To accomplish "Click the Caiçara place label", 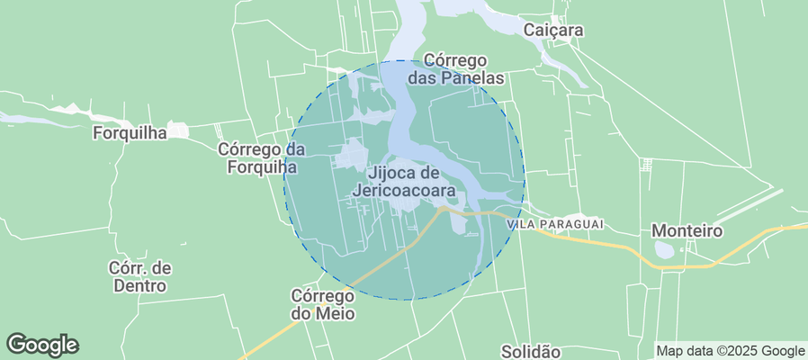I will (x=553, y=30).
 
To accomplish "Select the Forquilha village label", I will (x=130, y=133).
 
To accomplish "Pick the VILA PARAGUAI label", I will (x=555, y=223).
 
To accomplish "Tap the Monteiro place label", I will (x=687, y=230).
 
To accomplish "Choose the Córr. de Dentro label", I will (x=139, y=276).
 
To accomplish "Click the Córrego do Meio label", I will (x=323, y=304).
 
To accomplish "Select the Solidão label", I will (x=530, y=351).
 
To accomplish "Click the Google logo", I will (x=42, y=344).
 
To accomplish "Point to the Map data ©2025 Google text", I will (x=731, y=351).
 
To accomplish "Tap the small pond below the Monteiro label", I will (x=666, y=249).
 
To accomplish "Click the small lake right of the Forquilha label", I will (x=181, y=131).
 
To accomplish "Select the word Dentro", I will (x=139, y=285).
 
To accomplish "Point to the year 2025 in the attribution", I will (x=743, y=351).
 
